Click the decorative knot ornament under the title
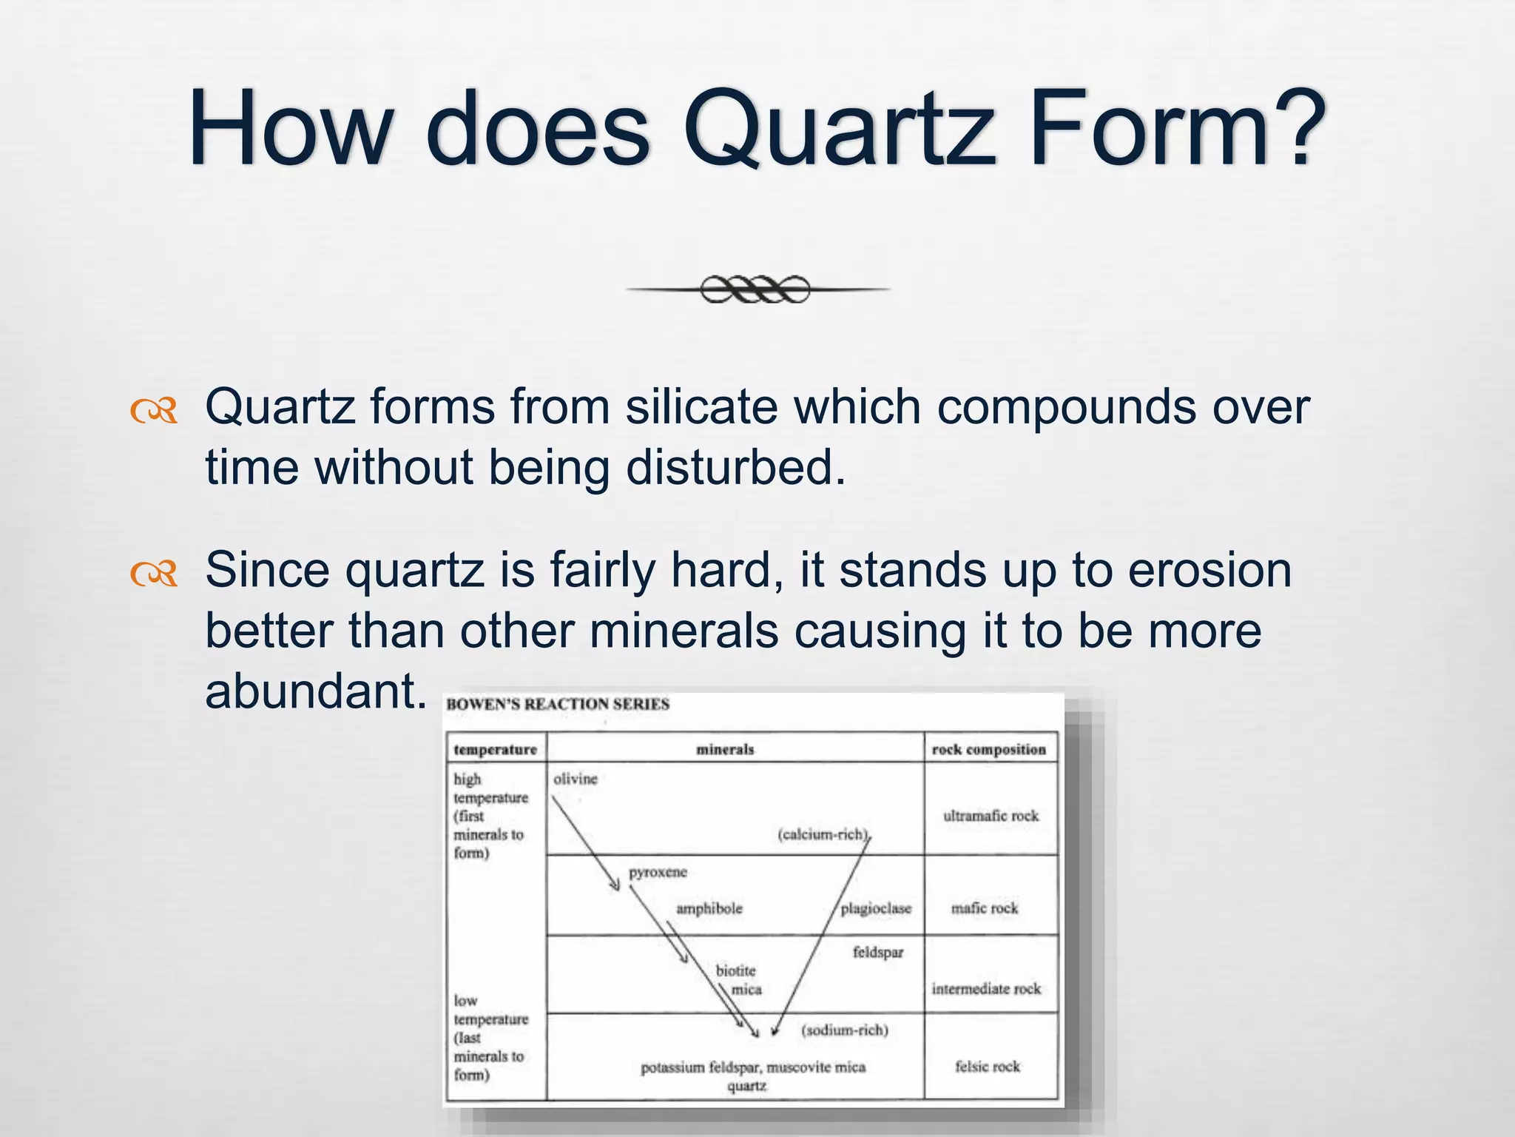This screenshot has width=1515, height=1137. pos(755,289)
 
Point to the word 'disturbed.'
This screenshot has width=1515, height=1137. pos(735,468)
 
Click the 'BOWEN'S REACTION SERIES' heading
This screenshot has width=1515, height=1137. pos(558,704)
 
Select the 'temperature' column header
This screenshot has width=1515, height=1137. pos(495,749)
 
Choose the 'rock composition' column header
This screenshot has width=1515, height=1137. pos(988,749)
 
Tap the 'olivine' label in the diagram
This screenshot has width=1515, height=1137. pos(575,779)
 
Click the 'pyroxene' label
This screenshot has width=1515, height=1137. pos(658,872)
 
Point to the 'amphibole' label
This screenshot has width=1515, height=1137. pos(709,908)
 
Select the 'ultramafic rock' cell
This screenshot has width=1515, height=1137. pos(991,816)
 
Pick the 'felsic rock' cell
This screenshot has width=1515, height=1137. pos(987,1066)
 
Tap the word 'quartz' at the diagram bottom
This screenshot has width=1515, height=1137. pos(746,1086)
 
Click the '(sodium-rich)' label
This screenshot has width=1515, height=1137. pos(844,1030)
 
